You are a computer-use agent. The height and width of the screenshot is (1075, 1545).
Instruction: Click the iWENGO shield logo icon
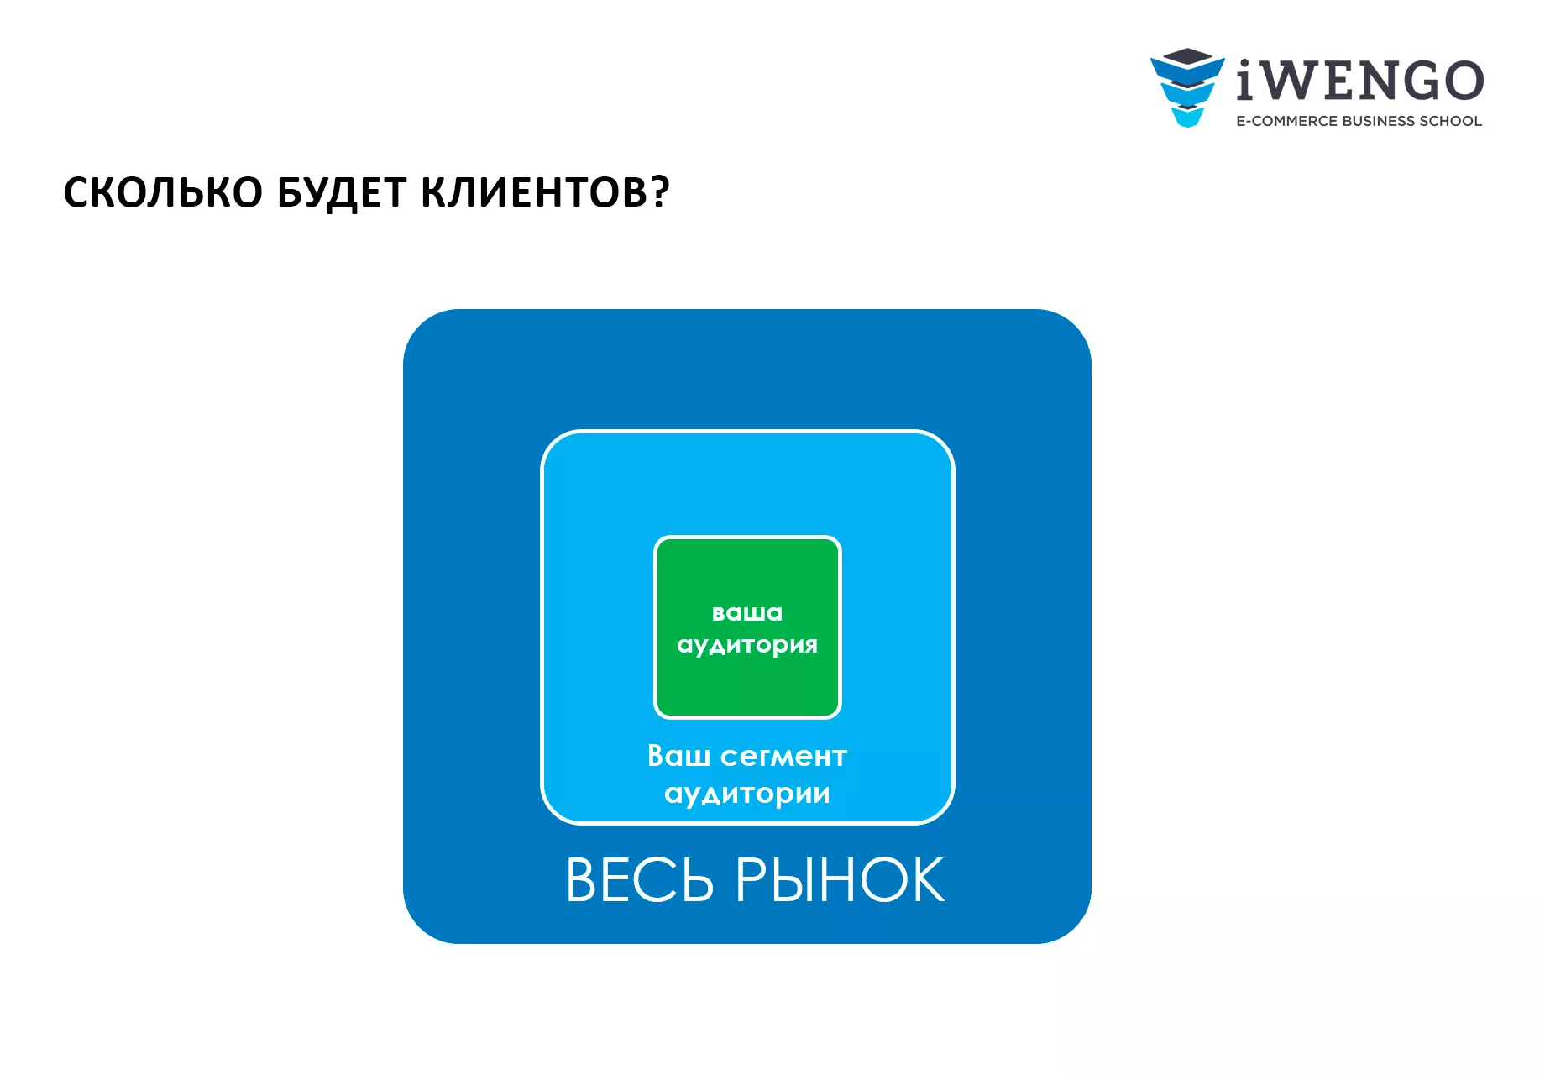pyautogui.click(x=1187, y=87)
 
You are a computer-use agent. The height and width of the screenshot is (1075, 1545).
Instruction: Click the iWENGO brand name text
pyautogui.click(x=1360, y=81)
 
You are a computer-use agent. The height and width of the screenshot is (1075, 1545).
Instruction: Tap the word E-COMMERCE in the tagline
pyautogui.click(x=1286, y=121)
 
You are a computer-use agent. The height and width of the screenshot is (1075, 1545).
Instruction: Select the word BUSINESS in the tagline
pyautogui.click(x=1379, y=121)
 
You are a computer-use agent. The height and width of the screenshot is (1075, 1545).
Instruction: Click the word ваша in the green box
pyautogui.click(x=747, y=613)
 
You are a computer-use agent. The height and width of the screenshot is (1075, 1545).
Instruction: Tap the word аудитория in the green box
pyautogui.click(x=747, y=645)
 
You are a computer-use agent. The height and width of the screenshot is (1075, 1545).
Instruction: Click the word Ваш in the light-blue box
pyautogui.click(x=678, y=756)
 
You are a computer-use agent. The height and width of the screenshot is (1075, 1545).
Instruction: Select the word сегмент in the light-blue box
pyautogui.click(x=784, y=757)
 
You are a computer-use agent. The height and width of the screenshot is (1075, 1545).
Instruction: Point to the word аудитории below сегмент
pyautogui.click(x=747, y=794)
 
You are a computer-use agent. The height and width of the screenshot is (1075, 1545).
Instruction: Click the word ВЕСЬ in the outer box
pyautogui.click(x=640, y=880)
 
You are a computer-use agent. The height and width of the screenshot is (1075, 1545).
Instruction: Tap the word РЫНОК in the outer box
pyautogui.click(x=841, y=880)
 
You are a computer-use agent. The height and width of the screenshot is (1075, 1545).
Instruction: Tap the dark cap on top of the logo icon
pyautogui.click(x=1187, y=56)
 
